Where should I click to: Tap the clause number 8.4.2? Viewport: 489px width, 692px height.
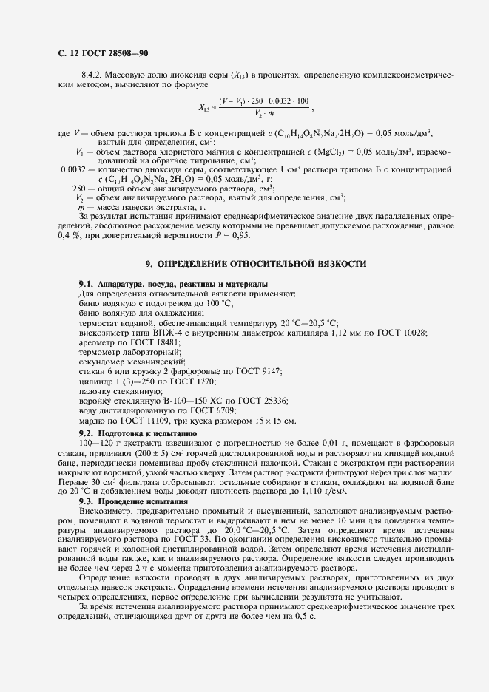click(92, 75)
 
